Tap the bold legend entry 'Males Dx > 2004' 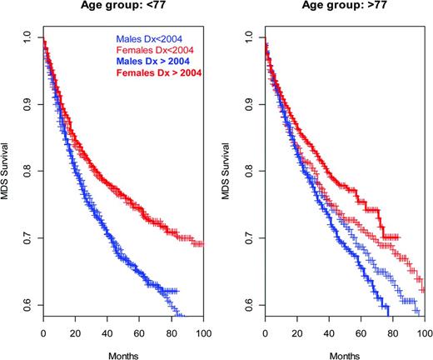tap(153, 64)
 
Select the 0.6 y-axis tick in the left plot tap(28, 306)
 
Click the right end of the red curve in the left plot tap(202, 243)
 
